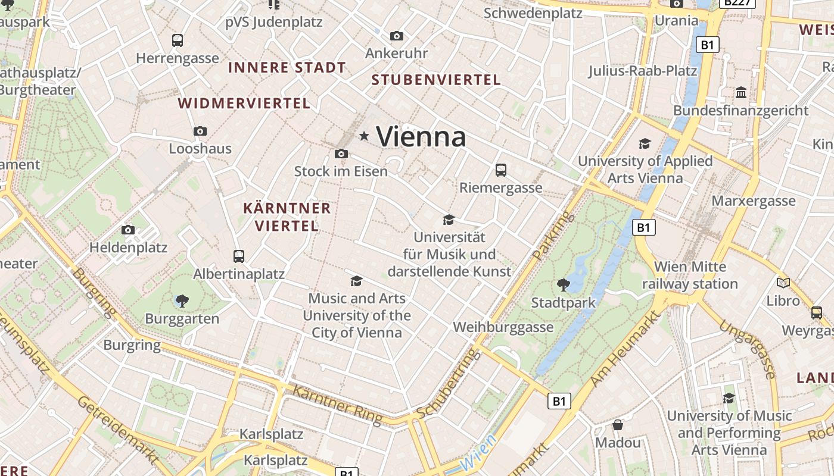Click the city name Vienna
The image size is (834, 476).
point(421,137)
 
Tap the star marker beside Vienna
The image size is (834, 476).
point(364,137)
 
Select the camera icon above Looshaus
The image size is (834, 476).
point(200,131)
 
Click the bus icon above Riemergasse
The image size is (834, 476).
point(501,170)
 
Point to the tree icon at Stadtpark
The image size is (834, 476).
point(563,285)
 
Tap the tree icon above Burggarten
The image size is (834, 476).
point(182,301)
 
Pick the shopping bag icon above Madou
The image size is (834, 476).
point(618,425)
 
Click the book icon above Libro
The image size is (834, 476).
point(783,283)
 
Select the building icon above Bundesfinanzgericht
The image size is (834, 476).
point(741,93)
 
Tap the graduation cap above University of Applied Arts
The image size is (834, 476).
point(645,143)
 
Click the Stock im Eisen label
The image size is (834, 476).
point(341,171)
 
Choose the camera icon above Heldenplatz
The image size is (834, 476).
point(128,230)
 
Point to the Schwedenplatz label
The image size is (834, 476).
point(533,13)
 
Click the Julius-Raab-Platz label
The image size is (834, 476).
point(643,71)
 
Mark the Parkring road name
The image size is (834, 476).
point(547,236)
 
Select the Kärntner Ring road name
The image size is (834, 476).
point(337,405)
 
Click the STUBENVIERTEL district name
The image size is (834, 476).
point(436,80)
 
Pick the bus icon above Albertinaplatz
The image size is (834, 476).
point(239,256)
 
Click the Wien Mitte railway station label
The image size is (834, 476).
point(690,275)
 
